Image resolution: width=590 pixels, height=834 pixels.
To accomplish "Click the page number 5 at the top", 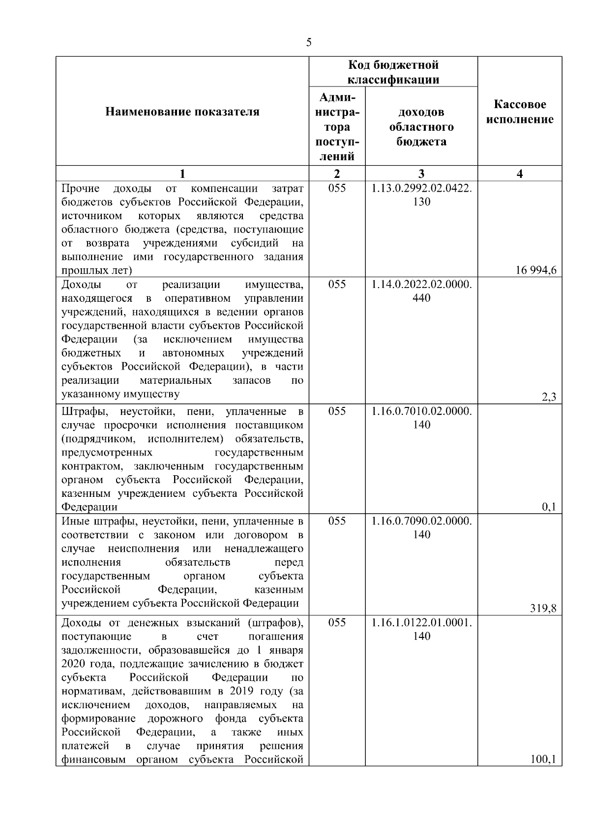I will click(308, 43).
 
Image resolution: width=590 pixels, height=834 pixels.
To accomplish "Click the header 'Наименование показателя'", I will click(182, 112).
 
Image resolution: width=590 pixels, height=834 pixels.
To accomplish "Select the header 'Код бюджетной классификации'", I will click(393, 72).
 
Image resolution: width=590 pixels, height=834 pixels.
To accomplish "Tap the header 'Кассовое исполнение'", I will click(520, 112).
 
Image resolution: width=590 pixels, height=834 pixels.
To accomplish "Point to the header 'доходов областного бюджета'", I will click(421, 127).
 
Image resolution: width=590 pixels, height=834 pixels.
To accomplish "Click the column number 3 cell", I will click(421, 173).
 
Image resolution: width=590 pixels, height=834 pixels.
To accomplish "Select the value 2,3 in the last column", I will click(549, 397).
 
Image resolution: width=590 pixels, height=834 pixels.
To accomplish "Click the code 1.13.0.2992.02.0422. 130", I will click(421, 195).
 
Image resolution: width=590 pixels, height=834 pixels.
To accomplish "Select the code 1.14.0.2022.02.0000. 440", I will click(421, 291).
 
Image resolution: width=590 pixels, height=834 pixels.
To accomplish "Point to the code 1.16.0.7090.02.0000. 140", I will click(421, 528).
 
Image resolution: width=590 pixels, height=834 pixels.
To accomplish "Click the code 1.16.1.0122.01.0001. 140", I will click(421, 630).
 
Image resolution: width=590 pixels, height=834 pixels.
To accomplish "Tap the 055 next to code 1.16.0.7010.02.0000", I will click(337, 411).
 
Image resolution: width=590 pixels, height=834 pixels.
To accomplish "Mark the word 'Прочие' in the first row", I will click(80, 189).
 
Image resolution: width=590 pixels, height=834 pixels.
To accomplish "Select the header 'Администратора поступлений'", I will click(337, 127).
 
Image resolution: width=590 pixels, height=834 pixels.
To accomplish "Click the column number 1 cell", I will click(182, 173).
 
